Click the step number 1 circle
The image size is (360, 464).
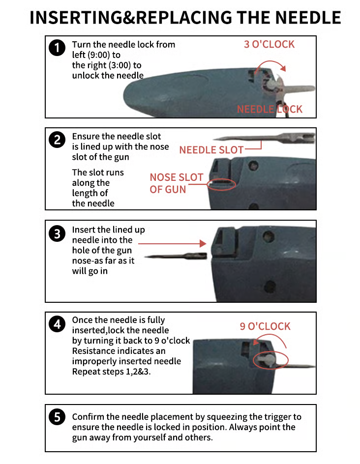tap(57, 48)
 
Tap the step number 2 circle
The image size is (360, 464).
tap(57, 140)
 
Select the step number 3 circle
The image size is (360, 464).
tap(57, 233)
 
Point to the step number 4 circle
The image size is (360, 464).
tap(57, 324)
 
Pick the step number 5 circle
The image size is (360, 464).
tap(57, 417)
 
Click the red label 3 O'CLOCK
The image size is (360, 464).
tap(269, 44)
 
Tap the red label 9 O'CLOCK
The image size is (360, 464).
tap(265, 326)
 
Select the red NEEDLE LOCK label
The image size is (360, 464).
tap(270, 109)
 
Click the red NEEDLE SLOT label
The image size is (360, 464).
tap(211, 150)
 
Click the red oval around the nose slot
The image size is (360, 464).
tap(222, 184)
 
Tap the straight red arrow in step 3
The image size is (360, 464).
tap(172, 243)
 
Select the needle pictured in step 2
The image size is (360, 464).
tap(264, 137)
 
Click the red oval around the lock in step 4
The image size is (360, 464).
tap(270, 360)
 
